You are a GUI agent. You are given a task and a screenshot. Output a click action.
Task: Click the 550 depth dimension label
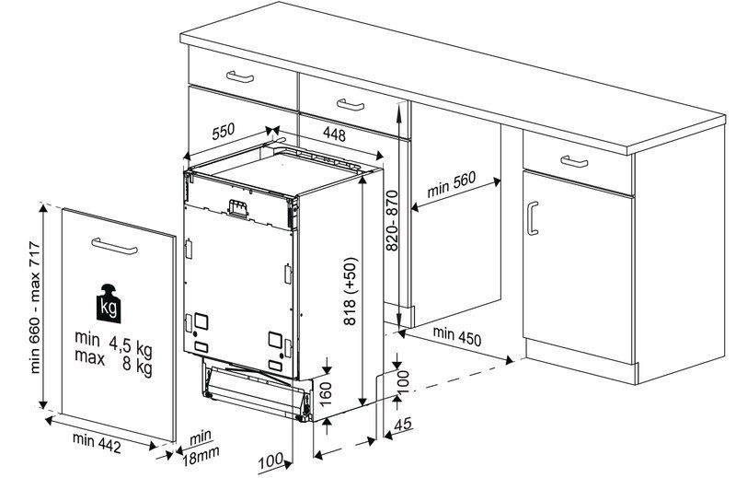pos(223,131)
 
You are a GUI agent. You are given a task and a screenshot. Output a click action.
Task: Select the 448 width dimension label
pos(334,134)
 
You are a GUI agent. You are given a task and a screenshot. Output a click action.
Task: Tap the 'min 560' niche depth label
pos(451,185)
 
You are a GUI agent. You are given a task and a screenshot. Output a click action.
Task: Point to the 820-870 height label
pos(392,220)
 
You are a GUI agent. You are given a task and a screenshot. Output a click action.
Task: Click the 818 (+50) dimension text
pos(351,291)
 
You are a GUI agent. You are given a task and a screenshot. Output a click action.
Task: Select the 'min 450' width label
pos(456,335)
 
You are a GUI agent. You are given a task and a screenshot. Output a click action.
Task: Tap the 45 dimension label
pos(403,425)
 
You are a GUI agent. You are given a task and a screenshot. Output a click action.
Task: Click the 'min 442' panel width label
pos(97,443)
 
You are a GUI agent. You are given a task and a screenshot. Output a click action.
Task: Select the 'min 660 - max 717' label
pos(36,308)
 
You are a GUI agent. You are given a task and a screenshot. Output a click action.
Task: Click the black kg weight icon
pos(109,304)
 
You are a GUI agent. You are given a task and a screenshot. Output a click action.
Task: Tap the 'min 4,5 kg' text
pos(113,343)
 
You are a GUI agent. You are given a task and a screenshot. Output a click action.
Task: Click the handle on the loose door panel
pos(114,246)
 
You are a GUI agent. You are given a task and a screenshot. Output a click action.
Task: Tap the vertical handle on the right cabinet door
pos(532,218)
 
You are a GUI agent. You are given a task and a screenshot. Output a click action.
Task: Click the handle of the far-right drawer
pos(574,161)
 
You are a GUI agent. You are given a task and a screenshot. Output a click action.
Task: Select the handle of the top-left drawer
pos(240,76)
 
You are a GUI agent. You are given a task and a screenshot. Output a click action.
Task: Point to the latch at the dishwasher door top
pos(237,209)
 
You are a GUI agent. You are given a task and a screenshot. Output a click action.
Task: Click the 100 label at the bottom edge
pos(270,461)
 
